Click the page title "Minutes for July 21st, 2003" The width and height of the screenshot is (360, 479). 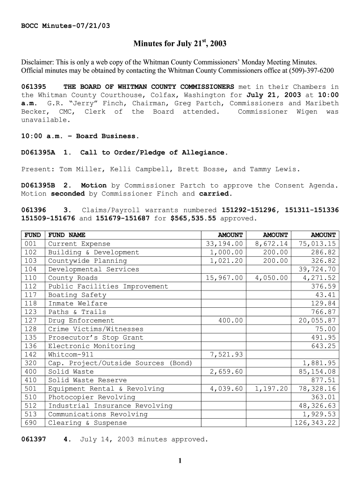click(180, 44)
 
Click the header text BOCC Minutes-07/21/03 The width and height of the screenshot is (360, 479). click(66, 25)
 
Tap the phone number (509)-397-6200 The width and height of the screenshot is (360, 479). click(308, 71)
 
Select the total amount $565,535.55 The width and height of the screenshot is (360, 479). click(193, 218)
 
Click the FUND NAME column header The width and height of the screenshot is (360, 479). click(67, 235)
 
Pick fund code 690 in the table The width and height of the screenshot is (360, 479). click(29, 423)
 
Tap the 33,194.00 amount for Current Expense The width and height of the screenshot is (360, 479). click(224, 244)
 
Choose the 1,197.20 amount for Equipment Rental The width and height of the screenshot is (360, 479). click(271, 389)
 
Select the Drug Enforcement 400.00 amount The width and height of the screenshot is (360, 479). click(230, 320)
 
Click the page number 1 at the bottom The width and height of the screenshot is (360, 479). click(180, 461)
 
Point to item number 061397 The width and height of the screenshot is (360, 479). click(34, 439)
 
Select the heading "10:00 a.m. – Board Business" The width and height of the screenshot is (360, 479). click(80, 136)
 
